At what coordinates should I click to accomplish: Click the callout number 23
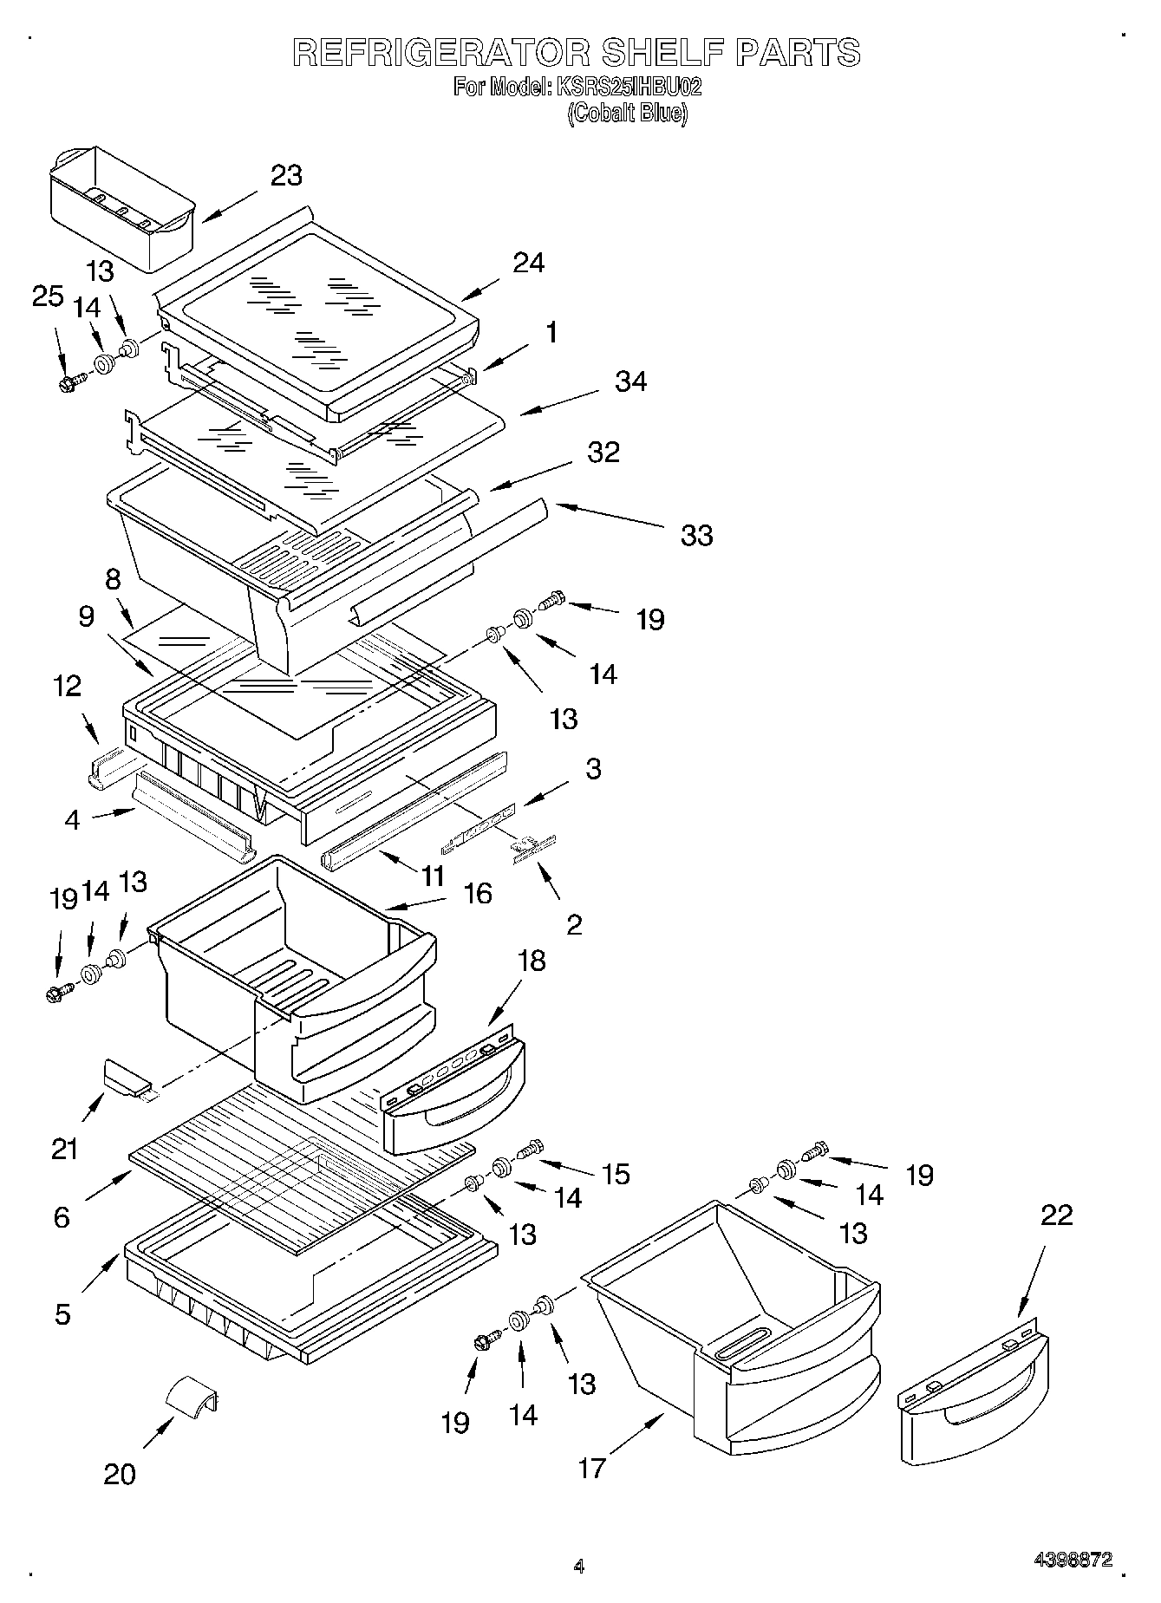coord(286,175)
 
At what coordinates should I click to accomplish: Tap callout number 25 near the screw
coord(48,296)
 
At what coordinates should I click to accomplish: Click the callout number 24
coord(528,262)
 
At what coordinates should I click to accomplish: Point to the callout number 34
coord(630,381)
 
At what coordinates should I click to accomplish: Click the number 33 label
coord(696,535)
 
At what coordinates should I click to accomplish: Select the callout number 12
coord(67,686)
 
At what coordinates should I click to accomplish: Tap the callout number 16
coord(478,893)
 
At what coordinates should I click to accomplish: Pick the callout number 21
coord(65,1149)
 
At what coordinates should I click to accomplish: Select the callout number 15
coord(616,1174)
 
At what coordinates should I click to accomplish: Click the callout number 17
coord(591,1468)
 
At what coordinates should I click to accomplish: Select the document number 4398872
coord(1072,1560)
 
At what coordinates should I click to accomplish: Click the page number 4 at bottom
coord(579,1567)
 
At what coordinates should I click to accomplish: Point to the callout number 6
coord(62,1217)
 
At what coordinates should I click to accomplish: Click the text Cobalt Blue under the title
coord(627,114)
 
